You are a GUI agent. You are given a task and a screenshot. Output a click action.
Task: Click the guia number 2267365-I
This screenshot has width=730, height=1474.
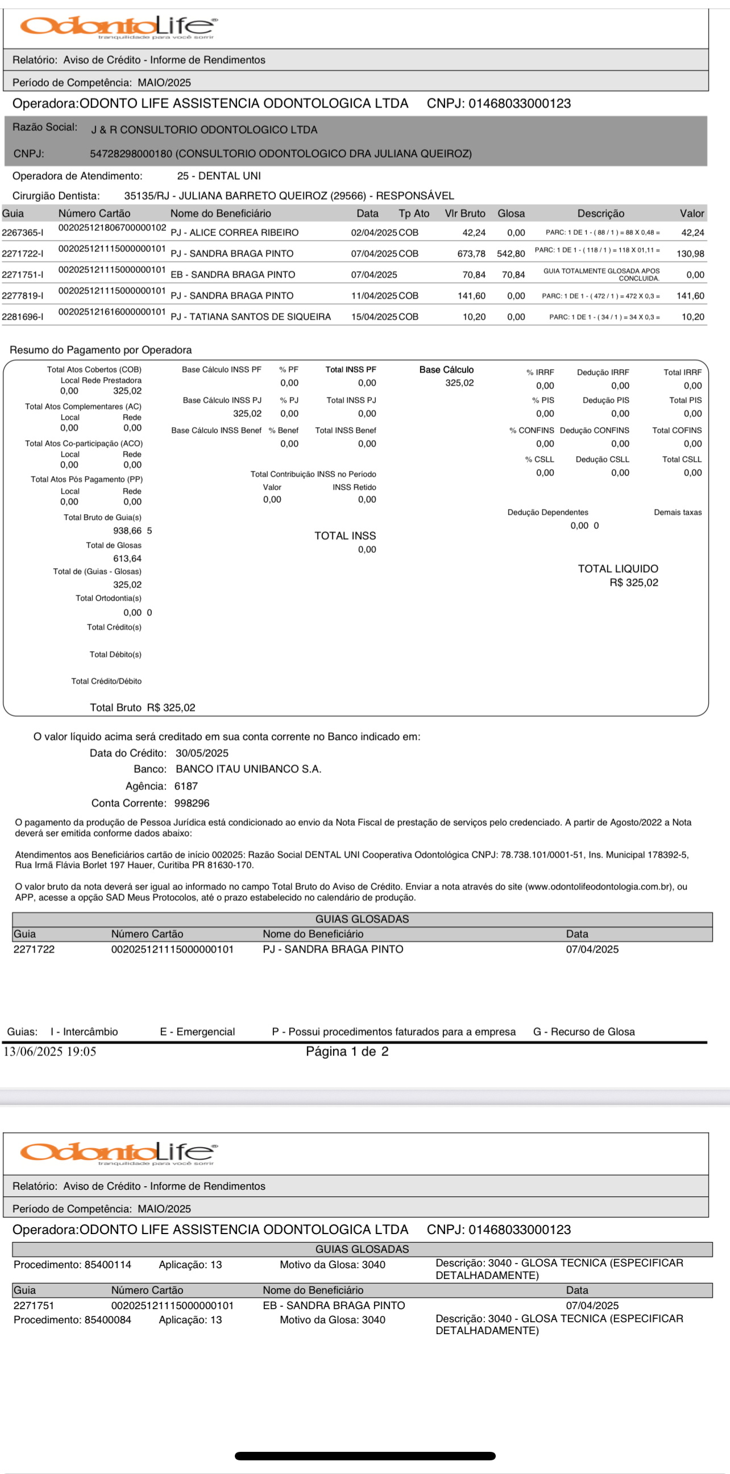tap(22, 233)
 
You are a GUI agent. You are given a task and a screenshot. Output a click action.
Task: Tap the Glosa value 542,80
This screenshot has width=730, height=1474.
tap(511, 254)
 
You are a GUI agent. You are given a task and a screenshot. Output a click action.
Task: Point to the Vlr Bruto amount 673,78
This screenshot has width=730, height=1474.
tap(471, 254)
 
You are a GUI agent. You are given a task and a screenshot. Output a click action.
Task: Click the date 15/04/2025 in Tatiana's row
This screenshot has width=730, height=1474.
tap(374, 317)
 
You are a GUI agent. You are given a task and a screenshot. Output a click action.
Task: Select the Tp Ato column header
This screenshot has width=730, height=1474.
tap(414, 213)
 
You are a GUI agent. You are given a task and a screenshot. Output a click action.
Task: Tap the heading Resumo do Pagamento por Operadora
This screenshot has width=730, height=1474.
tap(101, 350)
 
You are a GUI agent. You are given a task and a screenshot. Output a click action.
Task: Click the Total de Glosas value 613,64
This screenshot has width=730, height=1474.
tap(127, 558)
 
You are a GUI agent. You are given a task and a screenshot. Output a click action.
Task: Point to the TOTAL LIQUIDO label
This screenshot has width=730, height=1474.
tap(618, 569)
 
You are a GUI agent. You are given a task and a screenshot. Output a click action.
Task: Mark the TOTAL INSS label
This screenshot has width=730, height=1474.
tap(345, 536)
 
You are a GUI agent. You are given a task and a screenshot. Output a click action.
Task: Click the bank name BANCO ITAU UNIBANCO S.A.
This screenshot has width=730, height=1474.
tap(248, 769)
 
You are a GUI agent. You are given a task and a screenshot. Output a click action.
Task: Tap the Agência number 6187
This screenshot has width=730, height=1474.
tap(186, 786)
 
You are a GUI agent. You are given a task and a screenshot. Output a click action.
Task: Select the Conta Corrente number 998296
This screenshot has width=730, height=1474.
tap(192, 804)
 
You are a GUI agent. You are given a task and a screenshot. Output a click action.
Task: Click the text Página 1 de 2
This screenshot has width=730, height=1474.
tap(347, 1051)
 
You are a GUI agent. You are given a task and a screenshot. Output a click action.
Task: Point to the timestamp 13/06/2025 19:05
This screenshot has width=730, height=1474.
tap(50, 1051)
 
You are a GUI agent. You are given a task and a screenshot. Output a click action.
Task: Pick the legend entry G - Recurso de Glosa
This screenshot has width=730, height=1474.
tap(583, 1032)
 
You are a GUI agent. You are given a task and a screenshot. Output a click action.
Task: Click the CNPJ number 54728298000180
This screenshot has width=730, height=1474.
tap(131, 154)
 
